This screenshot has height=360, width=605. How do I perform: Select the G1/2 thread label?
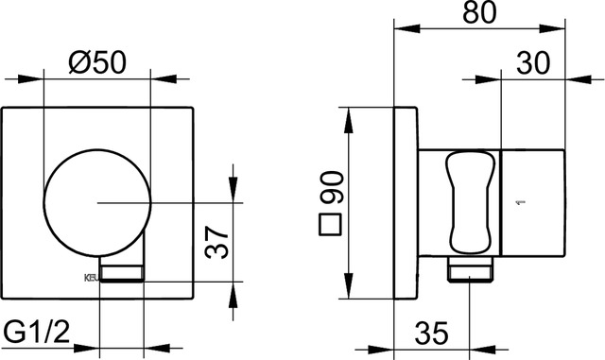point(39,333)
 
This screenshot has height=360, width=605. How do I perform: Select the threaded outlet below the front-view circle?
point(122,273)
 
